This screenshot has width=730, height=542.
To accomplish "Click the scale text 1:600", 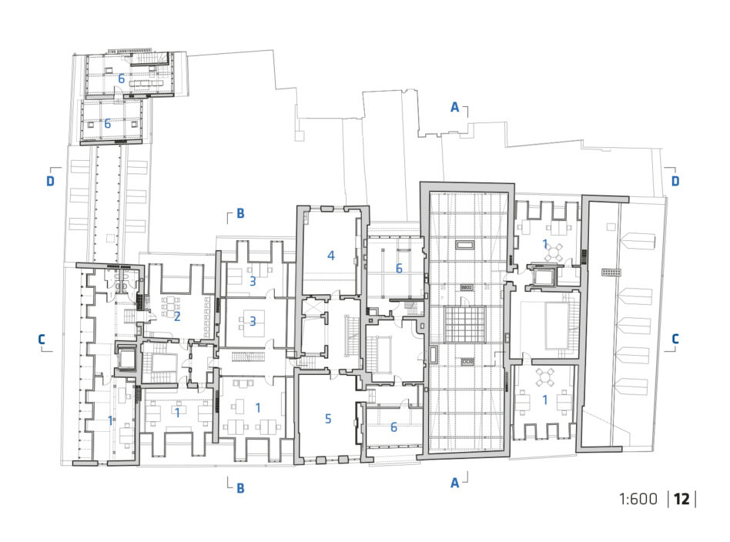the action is [x=638, y=499].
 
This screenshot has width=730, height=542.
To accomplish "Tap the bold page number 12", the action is [x=681, y=499].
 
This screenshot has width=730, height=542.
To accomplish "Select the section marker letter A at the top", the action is [x=455, y=108].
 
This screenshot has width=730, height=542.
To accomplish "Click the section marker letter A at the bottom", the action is [x=455, y=483].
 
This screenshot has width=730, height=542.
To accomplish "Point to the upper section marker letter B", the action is [x=240, y=213].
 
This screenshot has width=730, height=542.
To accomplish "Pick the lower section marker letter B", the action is [x=240, y=488].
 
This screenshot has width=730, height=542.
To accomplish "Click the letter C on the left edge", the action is [x=42, y=339].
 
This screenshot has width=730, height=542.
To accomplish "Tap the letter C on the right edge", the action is [x=675, y=339].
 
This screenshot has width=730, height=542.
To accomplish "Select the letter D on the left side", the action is [x=50, y=181].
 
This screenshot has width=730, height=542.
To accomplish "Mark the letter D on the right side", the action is [x=675, y=181].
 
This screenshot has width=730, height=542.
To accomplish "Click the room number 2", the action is [x=177, y=316].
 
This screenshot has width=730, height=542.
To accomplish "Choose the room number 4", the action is [x=330, y=255].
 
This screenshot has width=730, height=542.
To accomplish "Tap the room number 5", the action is [x=328, y=419].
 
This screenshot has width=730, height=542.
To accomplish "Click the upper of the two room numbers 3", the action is [x=253, y=281].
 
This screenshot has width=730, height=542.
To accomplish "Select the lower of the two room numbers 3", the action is [x=253, y=321].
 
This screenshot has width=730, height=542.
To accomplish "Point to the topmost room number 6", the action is [x=121, y=79].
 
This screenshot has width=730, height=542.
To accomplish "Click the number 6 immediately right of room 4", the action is [x=399, y=268].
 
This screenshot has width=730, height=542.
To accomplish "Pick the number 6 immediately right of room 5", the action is [x=393, y=427].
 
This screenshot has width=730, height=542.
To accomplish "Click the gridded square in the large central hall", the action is [x=465, y=324].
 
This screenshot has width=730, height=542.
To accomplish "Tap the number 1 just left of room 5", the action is [x=258, y=408].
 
